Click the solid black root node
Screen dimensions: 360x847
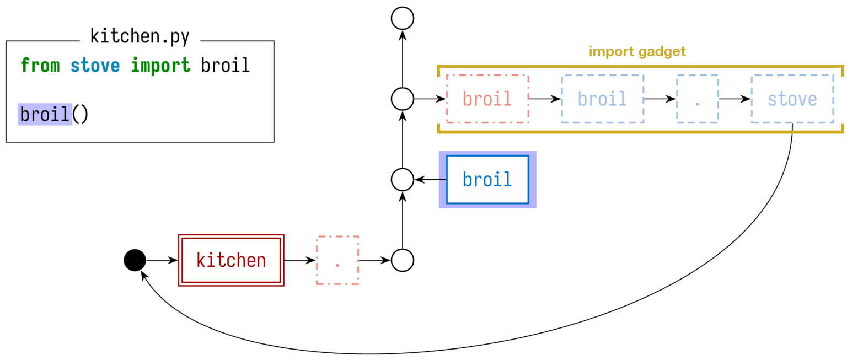point(135,260)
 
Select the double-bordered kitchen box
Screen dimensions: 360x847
point(231,260)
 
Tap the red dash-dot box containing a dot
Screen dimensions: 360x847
point(337,260)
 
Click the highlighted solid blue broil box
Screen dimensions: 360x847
point(487,180)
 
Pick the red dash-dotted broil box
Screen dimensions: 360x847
point(487,99)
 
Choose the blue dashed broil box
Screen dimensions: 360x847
point(602,99)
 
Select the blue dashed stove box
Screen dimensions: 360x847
point(792,99)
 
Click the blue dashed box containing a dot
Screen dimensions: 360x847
point(697,99)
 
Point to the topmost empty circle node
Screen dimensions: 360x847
point(403,18)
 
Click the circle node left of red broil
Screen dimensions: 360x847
point(403,99)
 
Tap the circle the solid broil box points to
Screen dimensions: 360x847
point(403,180)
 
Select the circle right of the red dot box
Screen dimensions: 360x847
point(403,260)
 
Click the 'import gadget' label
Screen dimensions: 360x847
point(637,52)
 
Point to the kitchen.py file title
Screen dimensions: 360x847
point(140,37)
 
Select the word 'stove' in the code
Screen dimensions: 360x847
point(95,66)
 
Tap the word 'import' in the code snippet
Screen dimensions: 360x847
point(160,66)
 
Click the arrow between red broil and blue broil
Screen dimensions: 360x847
point(545,99)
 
